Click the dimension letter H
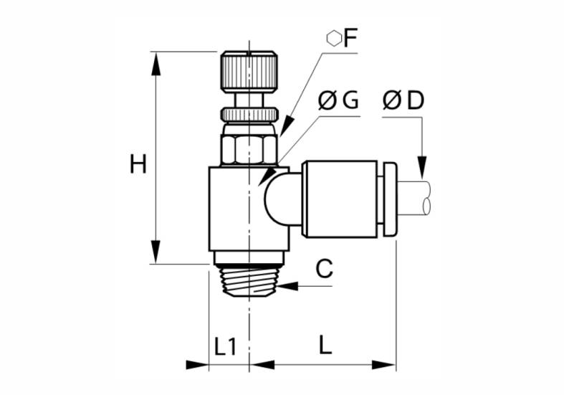[138, 163]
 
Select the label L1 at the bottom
[226, 346]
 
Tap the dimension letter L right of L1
[325, 344]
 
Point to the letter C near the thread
[325, 268]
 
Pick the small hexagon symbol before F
[334, 39]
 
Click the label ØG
[338, 100]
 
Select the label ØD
[403, 100]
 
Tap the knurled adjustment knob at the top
[249, 72]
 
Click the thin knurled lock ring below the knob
[249, 115]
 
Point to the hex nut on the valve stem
[249, 149]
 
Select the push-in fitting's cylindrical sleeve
[339, 199]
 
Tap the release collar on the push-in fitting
[391, 199]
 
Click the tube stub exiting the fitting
[414, 199]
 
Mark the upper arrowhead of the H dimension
[156, 64]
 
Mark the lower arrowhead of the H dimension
[156, 252]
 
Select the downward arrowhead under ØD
[422, 167]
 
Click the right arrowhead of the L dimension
[383, 365]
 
